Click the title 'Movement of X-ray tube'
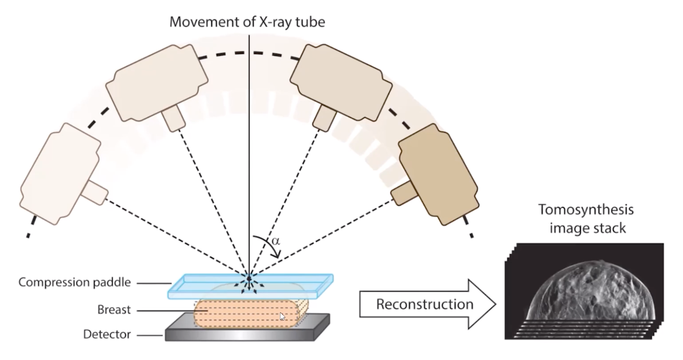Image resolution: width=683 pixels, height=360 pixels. (247, 21)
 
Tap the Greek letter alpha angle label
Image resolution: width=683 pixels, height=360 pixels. (276, 241)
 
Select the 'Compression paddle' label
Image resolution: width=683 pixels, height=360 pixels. (74, 282)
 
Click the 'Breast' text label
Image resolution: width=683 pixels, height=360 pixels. (114, 310)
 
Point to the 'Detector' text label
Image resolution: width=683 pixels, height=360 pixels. (107, 334)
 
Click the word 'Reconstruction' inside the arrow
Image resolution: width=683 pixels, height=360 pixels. (424, 304)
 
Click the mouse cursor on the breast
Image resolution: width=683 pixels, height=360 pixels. (282, 316)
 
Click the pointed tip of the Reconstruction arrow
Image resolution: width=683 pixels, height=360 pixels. (495, 304)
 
